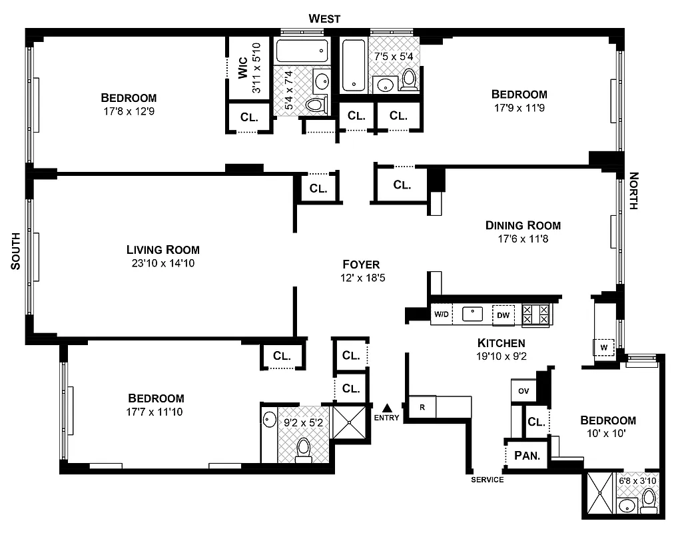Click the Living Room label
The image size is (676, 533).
point(163,250)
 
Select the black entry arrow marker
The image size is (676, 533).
point(387,407)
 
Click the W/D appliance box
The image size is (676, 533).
point(441,314)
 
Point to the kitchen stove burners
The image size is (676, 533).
point(535,314)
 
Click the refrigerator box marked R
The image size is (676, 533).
point(422,406)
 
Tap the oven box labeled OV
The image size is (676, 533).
point(523,391)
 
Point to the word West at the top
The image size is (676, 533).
point(324,19)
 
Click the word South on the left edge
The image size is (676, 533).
point(16,251)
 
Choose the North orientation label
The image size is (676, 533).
point(633,191)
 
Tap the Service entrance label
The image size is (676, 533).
point(487,480)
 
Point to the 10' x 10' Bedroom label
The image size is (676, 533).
point(607,420)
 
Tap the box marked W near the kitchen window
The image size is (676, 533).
point(604,347)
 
